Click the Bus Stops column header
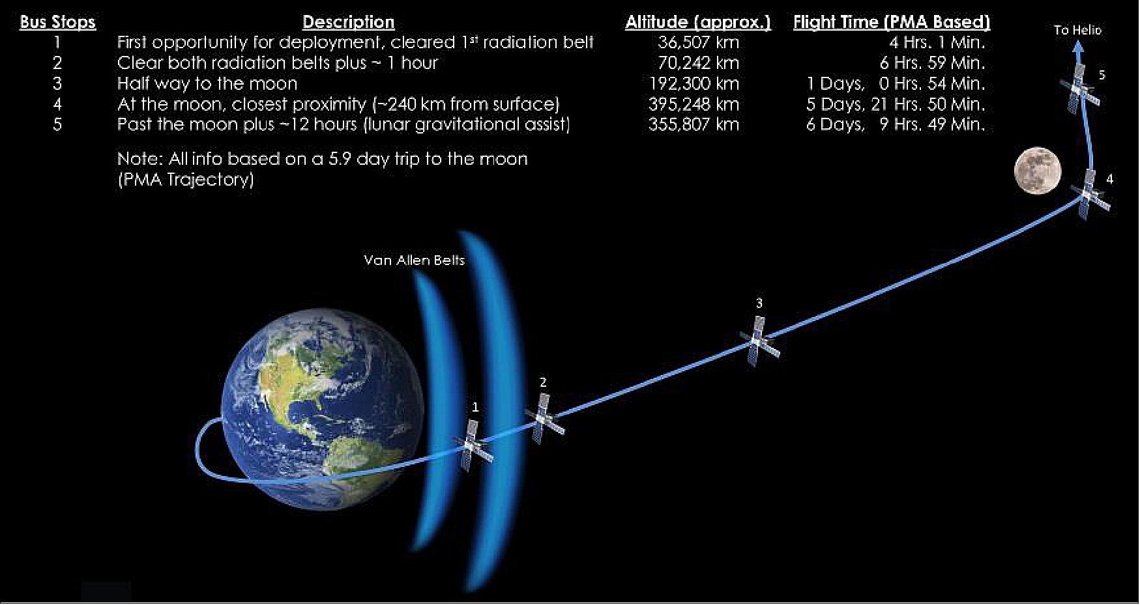tap(57, 23)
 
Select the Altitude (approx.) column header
tap(697, 23)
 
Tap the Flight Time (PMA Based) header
tap(891, 23)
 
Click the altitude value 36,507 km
tap(698, 43)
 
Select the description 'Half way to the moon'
tap(207, 84)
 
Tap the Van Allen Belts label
tap(414, 260)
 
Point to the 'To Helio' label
tap(1077, 30)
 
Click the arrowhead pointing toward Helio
tap(1079, 46)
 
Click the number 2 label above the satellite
tap(543, 383)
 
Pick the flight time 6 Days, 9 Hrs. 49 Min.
tap(895, 124)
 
